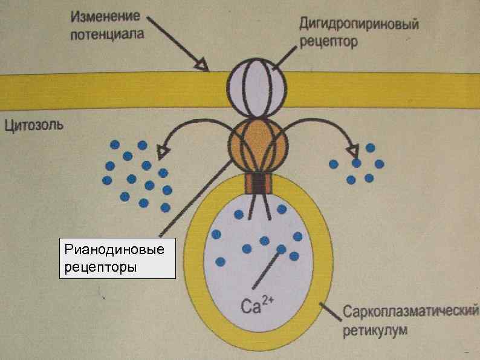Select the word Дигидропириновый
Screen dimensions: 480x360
359,25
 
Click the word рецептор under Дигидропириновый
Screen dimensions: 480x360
329,42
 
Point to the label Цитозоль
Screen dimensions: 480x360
37,126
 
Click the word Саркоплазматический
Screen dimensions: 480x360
410,313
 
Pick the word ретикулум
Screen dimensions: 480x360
375,330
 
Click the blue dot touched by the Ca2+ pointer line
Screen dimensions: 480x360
281,249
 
